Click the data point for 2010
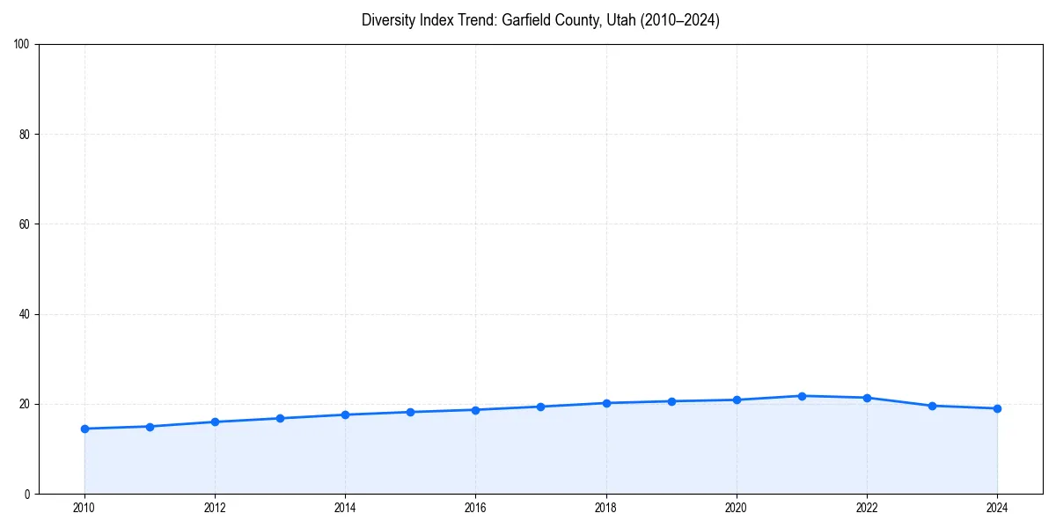pos(84,429)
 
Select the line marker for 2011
pos(150,427)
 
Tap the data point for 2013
pos(280,418)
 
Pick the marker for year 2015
pos(410,412)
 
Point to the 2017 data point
pos(540,407)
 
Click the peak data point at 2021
pos(802,396)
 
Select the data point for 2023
pos(932,406)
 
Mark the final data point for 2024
pos(997,408)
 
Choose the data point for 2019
pos(671,401)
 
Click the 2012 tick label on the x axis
pos(215,508)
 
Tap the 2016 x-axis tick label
pos(475,508)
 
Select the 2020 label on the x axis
pos(737,508)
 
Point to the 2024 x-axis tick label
pos(997,508)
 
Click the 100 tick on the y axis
pos(23,44)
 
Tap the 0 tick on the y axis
pos(28,494)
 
